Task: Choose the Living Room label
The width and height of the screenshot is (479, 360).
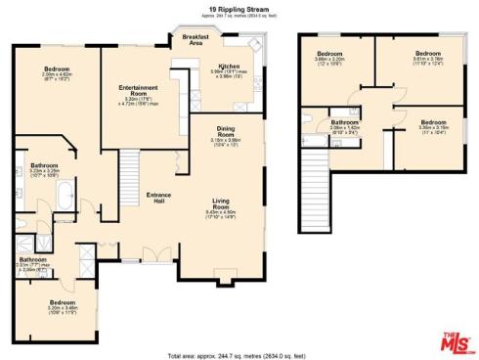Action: pyautogui.click(x=222, y=205)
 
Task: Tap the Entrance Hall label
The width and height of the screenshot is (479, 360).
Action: pyautogui.click(x=159, y=196)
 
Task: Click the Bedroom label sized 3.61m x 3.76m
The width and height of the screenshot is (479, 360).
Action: pyautogui.click(x=425, y=57)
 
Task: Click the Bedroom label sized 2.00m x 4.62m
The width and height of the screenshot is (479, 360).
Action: pyautogui.click(x=57, y=70)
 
